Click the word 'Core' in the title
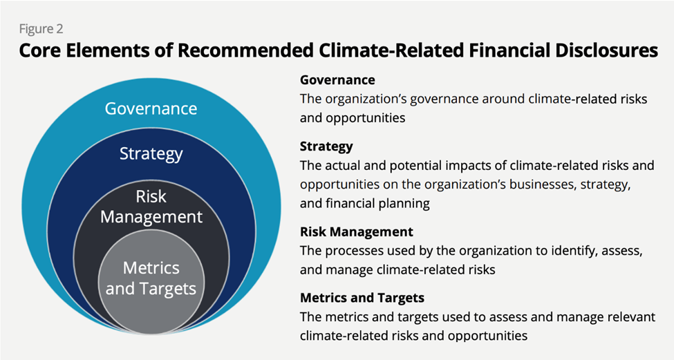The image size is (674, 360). [41, 51]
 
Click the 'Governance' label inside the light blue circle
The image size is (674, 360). [151, 108]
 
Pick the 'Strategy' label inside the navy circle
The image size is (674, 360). [151, 153]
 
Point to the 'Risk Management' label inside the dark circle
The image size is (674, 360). [151, 206]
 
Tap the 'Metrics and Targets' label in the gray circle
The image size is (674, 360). [151, 278]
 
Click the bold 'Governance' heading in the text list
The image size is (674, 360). [337, 79]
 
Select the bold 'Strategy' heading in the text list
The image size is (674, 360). [326, 146]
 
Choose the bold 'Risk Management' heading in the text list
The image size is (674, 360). [356, 231]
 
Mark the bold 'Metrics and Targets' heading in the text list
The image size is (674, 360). [362, 298]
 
